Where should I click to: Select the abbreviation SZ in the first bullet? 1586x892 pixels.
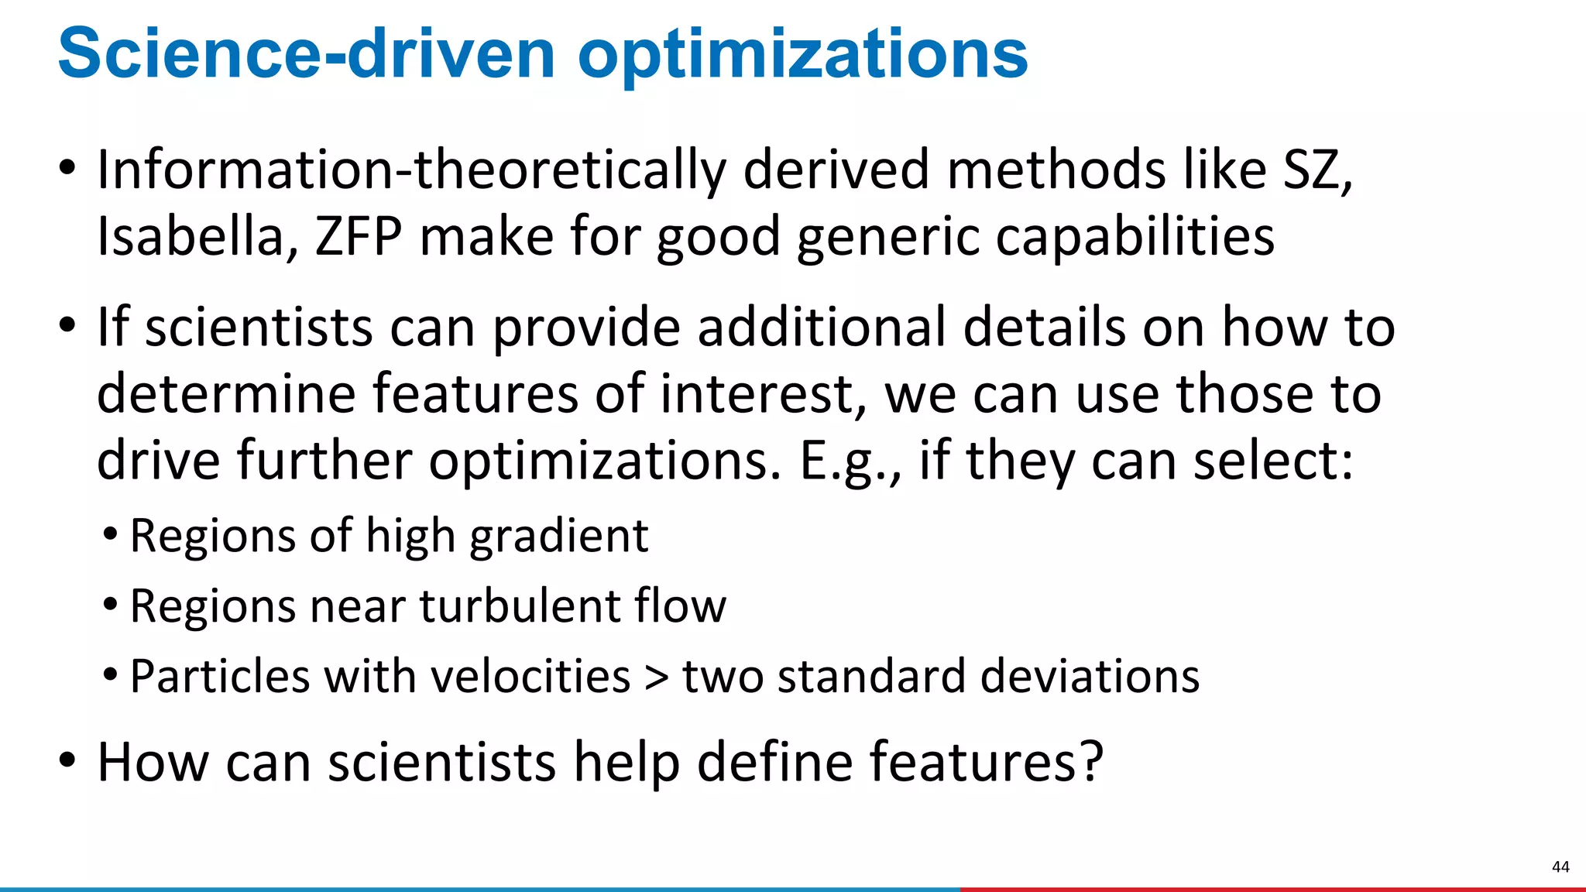click(1317, 170)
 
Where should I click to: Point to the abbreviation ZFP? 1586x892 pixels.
click(359, 236)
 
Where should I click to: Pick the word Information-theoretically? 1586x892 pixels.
click(411, 170)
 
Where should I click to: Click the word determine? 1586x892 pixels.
click(225, 393)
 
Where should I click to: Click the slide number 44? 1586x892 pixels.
click(1560, 866)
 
